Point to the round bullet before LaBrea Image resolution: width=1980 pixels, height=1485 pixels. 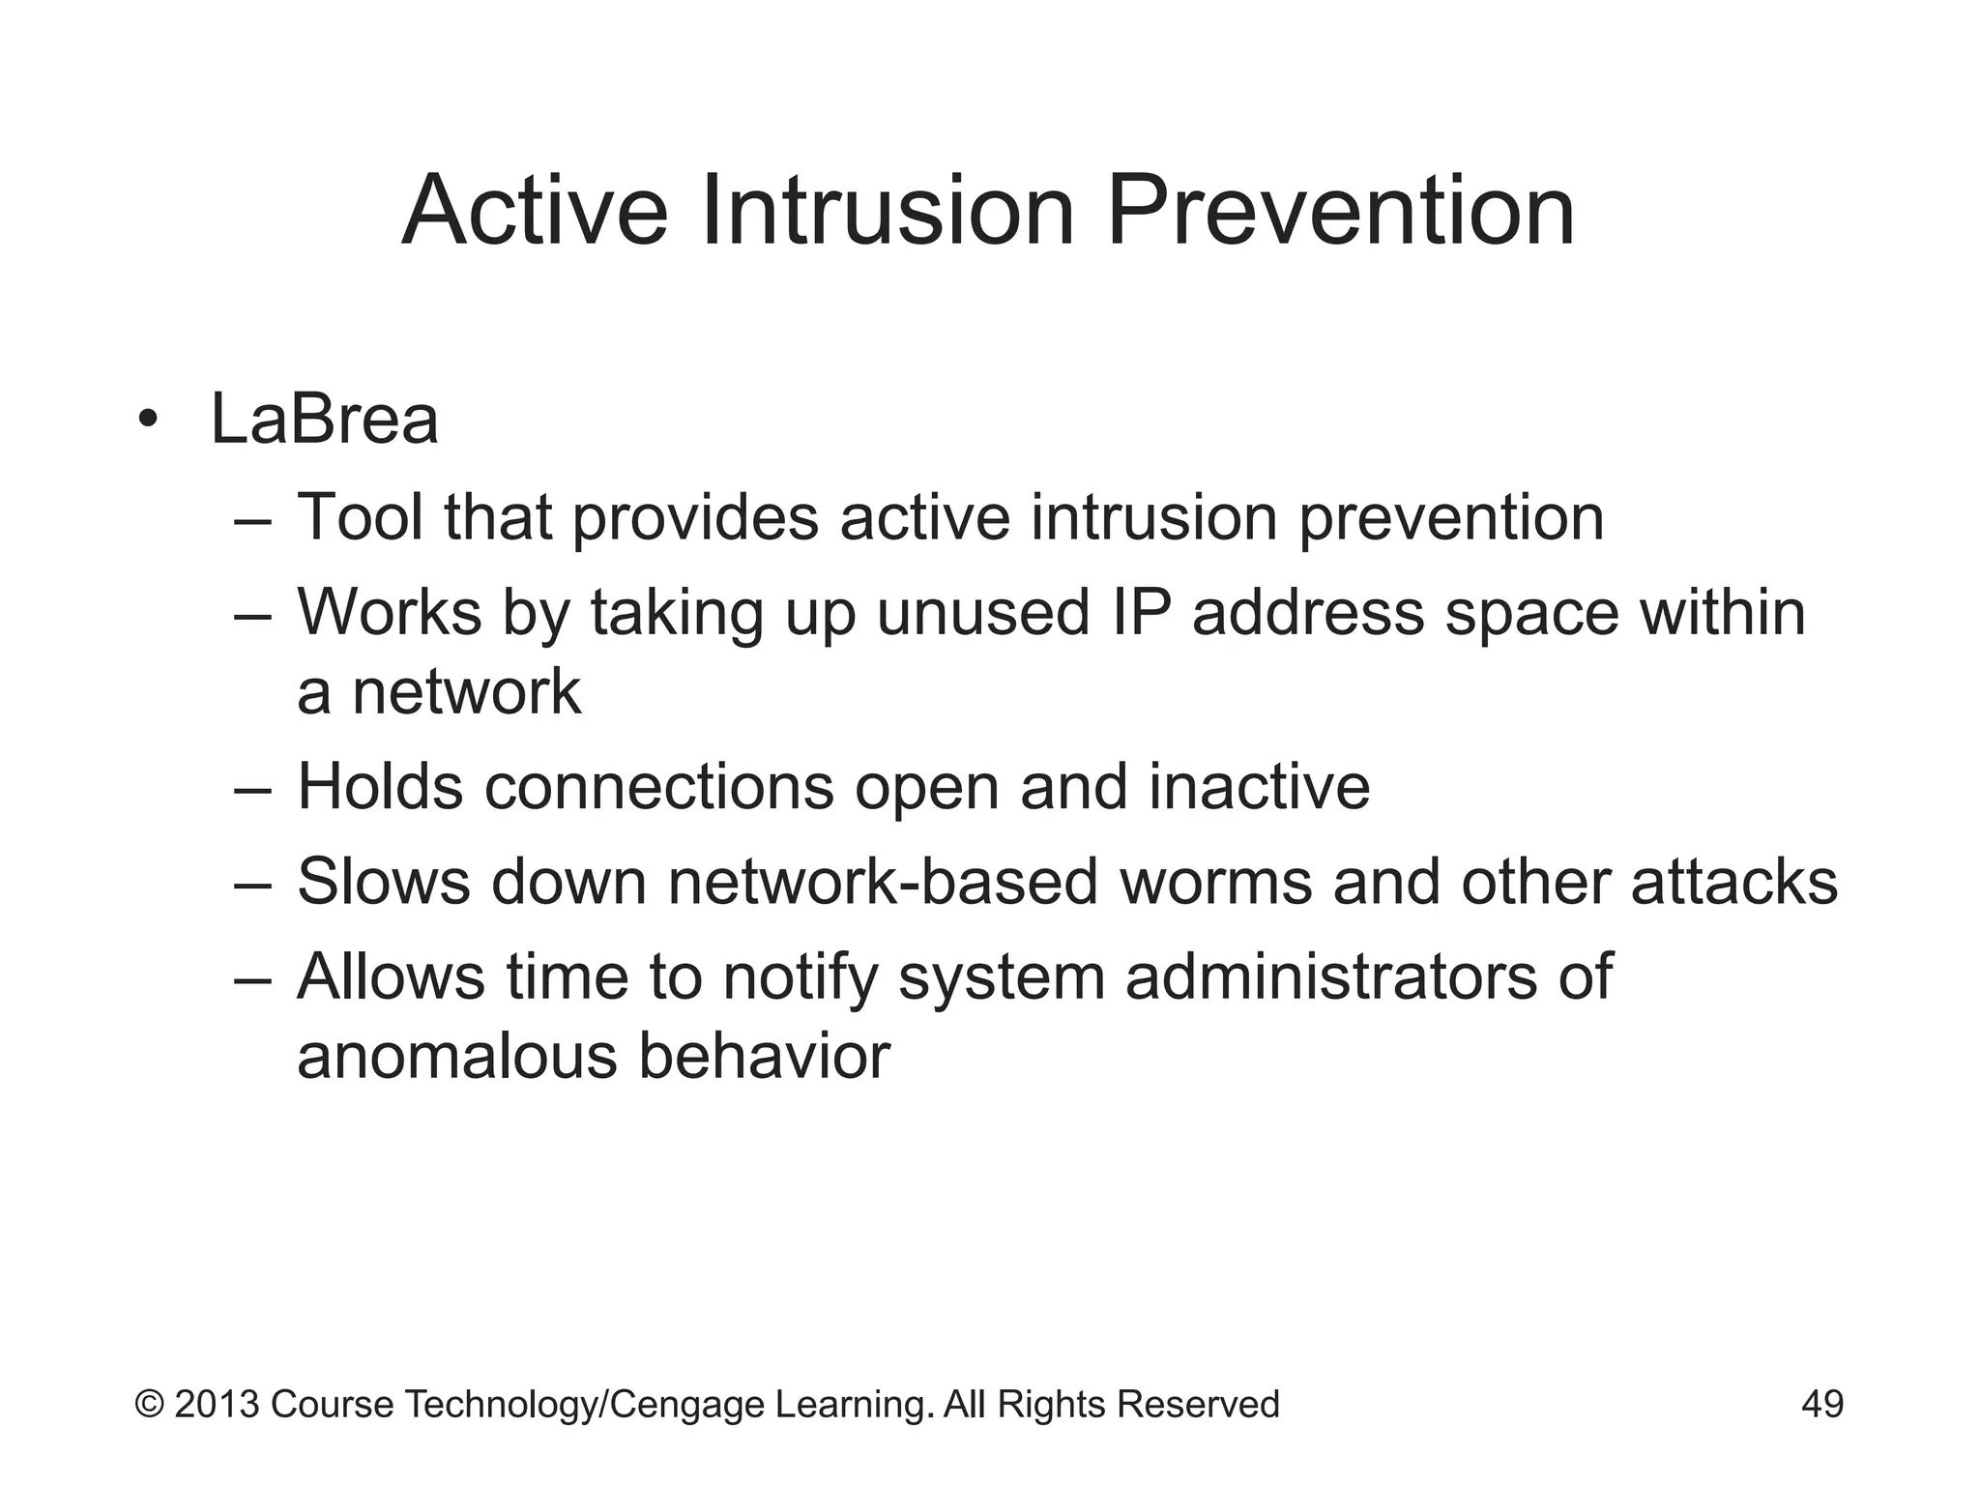(x=147, y=422)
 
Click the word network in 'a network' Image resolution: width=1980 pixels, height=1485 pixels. (x=466, y=691)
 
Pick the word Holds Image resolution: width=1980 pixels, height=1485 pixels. (x=380, y=786)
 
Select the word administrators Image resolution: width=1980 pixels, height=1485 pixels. (x=1331, y=975)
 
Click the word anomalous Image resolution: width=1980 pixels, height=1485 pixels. (x=456, y=1056)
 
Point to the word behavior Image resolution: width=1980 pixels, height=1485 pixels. (x=764, y=1056)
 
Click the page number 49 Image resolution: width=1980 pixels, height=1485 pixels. (x=1821, y=1404)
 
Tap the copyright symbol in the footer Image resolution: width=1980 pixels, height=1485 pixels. (x=149, y=1404)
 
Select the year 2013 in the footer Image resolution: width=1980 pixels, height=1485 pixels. (x=217, y=1404)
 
